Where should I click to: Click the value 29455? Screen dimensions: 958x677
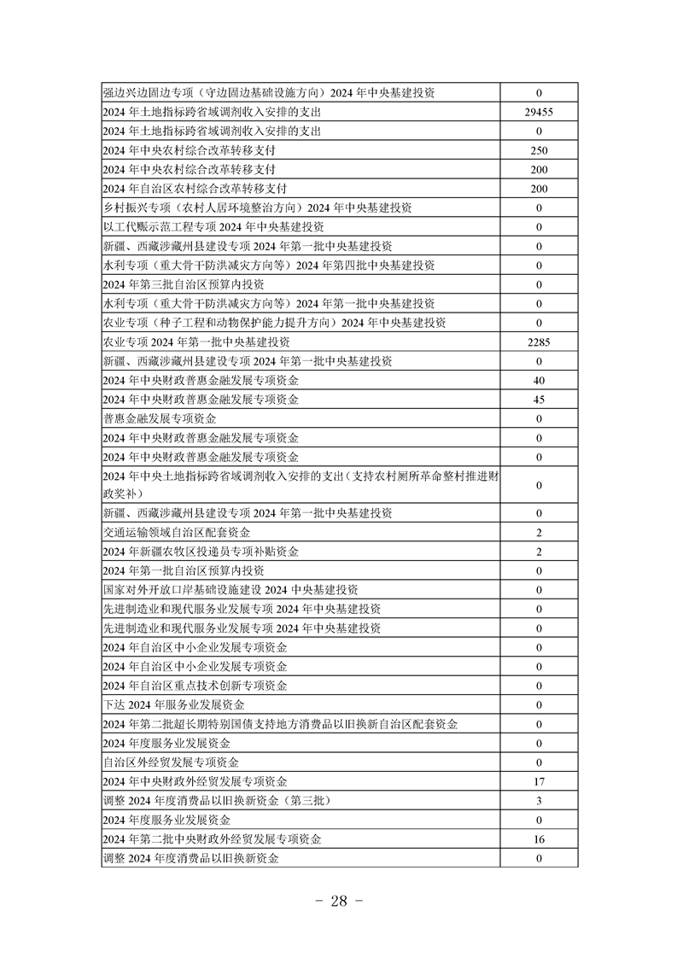click(x=539, y=112)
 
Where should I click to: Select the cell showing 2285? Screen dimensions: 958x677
click(x=539, y=342)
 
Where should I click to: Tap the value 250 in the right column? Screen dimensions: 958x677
click(x=539, y=150)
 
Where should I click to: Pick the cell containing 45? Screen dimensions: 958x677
click(x=539, y=400)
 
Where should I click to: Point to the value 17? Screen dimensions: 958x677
click(x=539, y=781)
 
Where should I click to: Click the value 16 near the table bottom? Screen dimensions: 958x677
click(x=539, y=839)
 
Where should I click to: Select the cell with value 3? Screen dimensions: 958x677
click(x=539, y=801)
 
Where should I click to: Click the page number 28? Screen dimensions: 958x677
click(x=339, y=903)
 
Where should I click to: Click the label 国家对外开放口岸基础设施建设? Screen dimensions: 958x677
click(x=230, y=590)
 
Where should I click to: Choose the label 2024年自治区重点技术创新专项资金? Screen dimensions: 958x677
click(x=195, y=686)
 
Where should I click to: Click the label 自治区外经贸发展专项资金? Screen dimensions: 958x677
click(x=171, y=762)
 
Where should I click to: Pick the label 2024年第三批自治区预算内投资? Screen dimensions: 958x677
click(x=183, y=284)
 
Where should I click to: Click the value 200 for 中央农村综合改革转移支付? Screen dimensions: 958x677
click(x=539, y=169)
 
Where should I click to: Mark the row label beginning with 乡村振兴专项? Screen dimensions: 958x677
click(x=257, y=207)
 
